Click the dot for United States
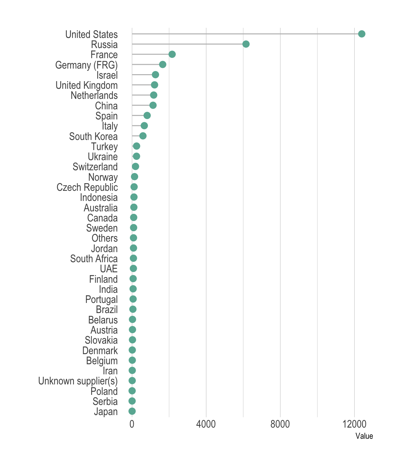pos(362,34)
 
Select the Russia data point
pos(246,44)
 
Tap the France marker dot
pos(172,54)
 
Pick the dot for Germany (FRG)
pos(163,64)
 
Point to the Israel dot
pos(155,75)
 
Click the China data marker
pos(153,105)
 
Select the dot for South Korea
pos(143,136)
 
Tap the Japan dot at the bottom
pos(132,411)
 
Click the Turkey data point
pos(136,146)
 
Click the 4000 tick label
pos(206,424)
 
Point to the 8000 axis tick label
pos(280,424)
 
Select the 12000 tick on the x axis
pos(354,424)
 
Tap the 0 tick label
pos(132,424)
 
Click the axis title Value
pos(364,436)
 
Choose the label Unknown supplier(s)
pos(78,381)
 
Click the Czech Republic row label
pos(87,187)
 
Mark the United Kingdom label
pos(87,85)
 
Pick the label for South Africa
pos(94,259)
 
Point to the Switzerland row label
pos(95,167)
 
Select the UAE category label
pos(109,269)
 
